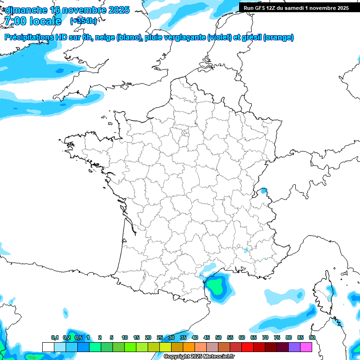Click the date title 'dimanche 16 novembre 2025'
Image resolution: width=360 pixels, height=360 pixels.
point(67,10)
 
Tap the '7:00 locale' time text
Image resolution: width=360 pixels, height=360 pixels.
point(32,21)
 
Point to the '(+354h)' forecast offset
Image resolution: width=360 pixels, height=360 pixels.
point(83,21)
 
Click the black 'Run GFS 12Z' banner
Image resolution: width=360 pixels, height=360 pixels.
point(296,8)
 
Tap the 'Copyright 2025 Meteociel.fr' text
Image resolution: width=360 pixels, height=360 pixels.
point(199,356)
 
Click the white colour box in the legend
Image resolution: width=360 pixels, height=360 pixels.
point(48,347)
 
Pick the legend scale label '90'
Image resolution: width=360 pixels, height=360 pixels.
point(312,337)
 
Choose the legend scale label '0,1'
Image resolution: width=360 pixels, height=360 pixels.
point(55,337)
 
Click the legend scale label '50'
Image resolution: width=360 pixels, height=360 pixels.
point(218,337)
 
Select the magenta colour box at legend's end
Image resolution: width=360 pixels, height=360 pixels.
point(306,347)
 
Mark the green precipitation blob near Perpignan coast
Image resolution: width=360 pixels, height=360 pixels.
point(216,284)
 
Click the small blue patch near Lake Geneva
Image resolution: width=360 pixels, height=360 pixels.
point(264,191)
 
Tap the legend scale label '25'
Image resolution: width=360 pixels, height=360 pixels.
point(160,337)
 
